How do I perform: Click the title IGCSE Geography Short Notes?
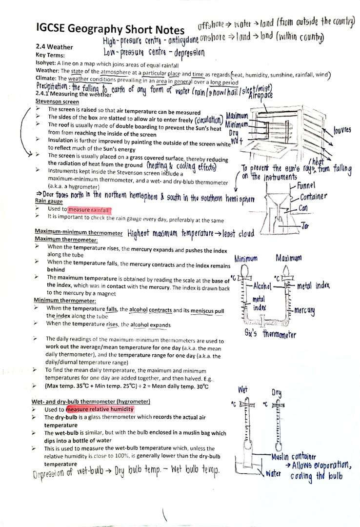(110, 29)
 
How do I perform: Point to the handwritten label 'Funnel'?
(305, 185)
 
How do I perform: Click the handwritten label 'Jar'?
(305, 226)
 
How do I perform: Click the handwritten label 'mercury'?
(303, 311)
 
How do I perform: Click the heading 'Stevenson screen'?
(57, 101)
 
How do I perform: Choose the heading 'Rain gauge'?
(49, 201)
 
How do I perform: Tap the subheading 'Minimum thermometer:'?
(64, 301)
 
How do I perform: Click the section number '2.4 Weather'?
(54, 47)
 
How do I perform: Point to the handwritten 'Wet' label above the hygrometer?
(243, 389)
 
